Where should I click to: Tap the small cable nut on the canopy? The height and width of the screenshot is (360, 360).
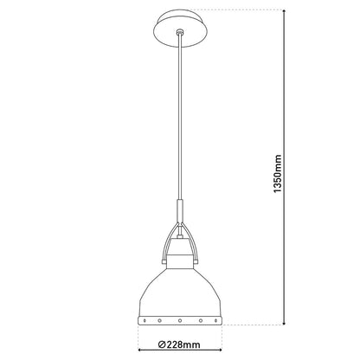point(179,32)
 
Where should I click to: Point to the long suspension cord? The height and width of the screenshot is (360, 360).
point(179,121)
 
